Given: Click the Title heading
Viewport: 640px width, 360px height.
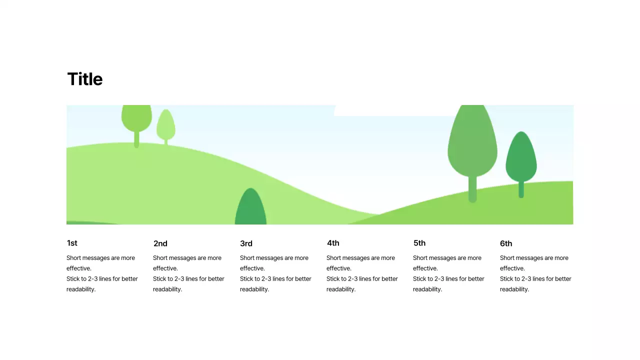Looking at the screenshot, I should (x=85, y=79).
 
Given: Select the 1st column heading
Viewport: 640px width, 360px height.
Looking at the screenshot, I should (x=72, y=243).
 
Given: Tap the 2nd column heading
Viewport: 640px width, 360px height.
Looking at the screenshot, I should (x=160, y=243).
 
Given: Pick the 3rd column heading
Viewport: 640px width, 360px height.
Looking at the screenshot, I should (x=246, y=243).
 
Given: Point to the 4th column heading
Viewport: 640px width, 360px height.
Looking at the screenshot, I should (x=333, y=243).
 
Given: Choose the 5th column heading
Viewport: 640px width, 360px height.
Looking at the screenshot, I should (x=419, y=243).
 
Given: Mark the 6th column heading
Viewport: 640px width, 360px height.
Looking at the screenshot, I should (x=506, y=243).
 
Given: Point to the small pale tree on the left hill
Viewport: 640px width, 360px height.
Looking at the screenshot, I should (x=166, y=125).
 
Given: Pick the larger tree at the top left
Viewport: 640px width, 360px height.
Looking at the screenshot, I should (x=136, y=118).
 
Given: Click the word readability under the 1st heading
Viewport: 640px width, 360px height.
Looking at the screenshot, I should (x=81, y=289).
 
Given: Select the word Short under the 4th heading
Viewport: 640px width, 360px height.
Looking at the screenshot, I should (x=334, y=258).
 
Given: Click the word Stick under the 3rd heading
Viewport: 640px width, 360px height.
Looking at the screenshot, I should (x=248, y=278).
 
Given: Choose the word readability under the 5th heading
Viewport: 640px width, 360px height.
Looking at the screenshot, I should (x=427, y=289).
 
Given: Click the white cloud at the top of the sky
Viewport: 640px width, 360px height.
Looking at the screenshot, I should (x=390, y=110).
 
